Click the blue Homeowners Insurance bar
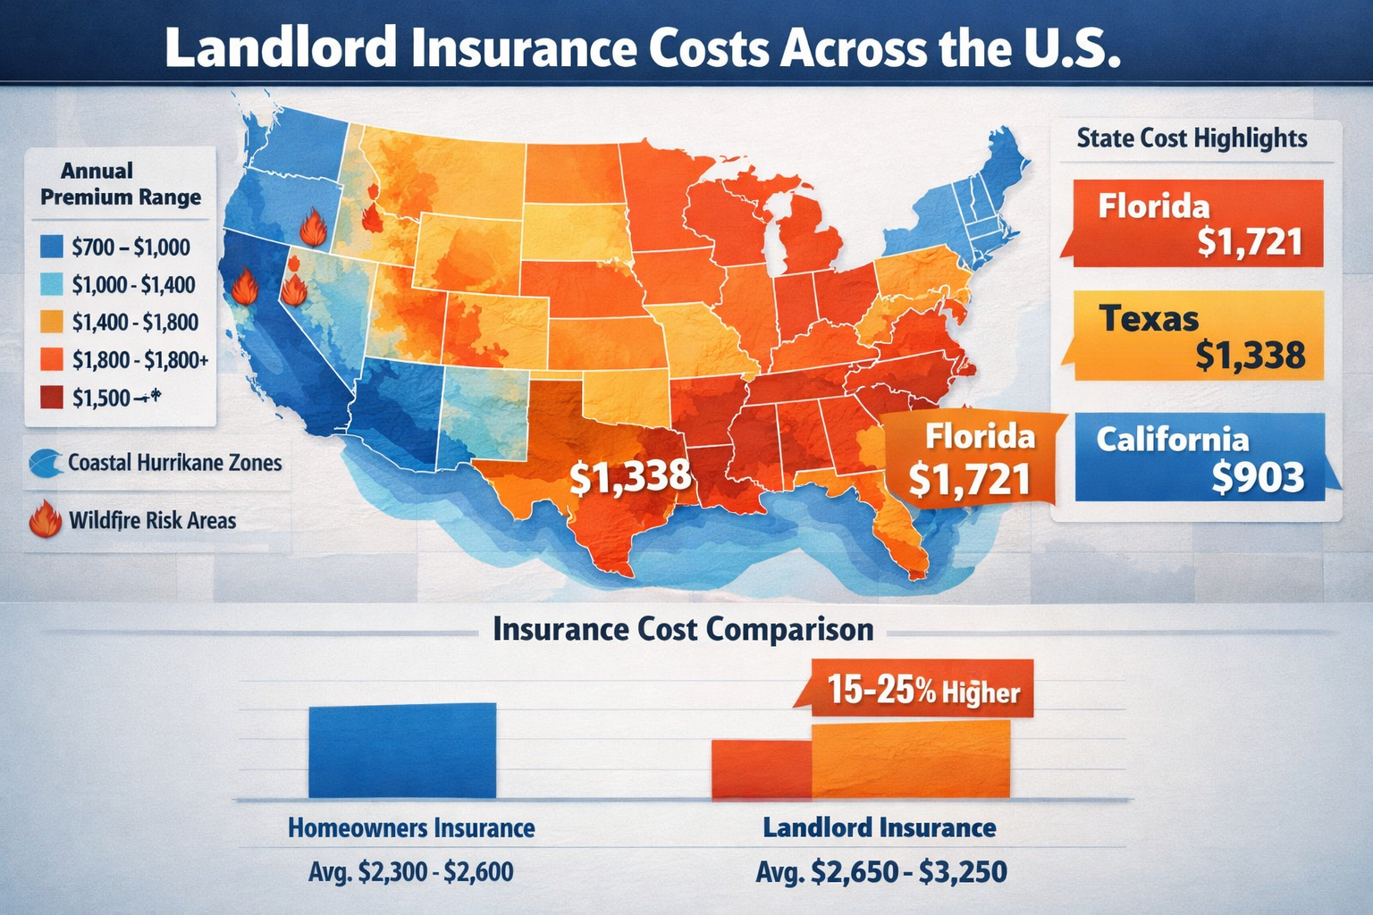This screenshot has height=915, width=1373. click(x=401, y=751)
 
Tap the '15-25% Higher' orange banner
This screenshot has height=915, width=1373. click(x=922, y=691)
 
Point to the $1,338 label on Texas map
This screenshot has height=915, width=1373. click(x=630, y=476)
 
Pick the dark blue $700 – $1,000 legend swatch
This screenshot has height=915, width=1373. click(x=53, y=247)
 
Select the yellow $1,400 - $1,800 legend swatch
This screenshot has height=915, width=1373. click(x=53, y=322)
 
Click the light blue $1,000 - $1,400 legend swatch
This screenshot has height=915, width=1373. click(x=53, y=284)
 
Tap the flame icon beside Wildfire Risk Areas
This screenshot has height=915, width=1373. click(x=46, y=519)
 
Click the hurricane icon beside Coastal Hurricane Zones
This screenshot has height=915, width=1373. click(x=46, y=463)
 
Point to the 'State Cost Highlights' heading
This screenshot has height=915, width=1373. click(x=1192, y=139)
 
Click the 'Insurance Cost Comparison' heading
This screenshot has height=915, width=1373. click(x=683, y=629)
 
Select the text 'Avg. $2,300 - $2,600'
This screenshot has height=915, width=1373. click(x=411, y=871)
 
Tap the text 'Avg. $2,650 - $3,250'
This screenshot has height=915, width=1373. click(x=881, y=871)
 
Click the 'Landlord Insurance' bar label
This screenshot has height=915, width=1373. click(x=880, y=827)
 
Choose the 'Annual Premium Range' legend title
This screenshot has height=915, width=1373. click(x=121, y=184)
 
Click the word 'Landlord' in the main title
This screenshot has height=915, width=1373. click(x=281, y=48)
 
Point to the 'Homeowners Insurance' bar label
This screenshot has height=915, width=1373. click(x=411, y=828)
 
